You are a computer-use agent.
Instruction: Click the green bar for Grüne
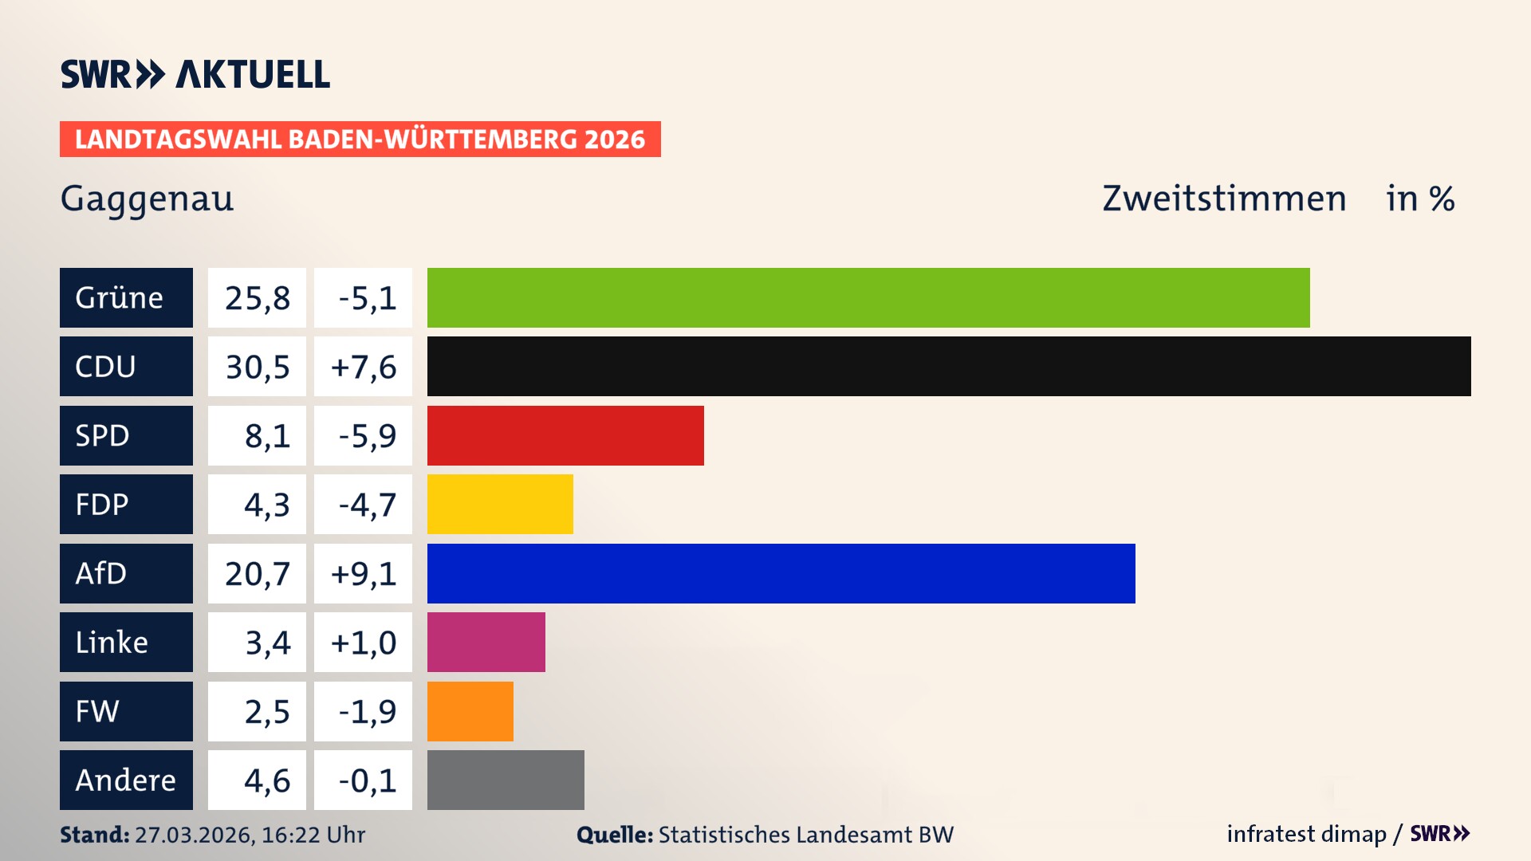(x=868, y=297)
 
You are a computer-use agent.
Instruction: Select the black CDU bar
(x=949, y=367)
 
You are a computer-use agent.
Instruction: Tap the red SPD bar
(x=565, y=435)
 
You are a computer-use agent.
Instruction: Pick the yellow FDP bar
(x=500, y=505)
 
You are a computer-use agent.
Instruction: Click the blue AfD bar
(x=781, y=573)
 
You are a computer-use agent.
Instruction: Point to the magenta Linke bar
(x=486, y=643)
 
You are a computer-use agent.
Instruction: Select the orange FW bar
(x=470, y=711)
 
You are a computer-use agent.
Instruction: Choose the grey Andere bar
(x=506, y=780)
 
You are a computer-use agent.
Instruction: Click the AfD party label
(x=126, y=573)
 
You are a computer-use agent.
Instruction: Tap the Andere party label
(x=126, y=780)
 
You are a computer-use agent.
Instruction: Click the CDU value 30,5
(x=257, y=367)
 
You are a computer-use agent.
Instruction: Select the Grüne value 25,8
(x=257, y=297)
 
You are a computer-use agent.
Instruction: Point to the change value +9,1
(x=364, y=573)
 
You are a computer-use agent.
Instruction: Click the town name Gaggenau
(x=147, y=199)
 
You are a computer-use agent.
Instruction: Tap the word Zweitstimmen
(x=1224, y=199)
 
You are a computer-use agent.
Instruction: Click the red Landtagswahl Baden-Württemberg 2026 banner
(x=360, y=139)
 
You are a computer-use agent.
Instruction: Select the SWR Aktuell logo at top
(x=195, y=74)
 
